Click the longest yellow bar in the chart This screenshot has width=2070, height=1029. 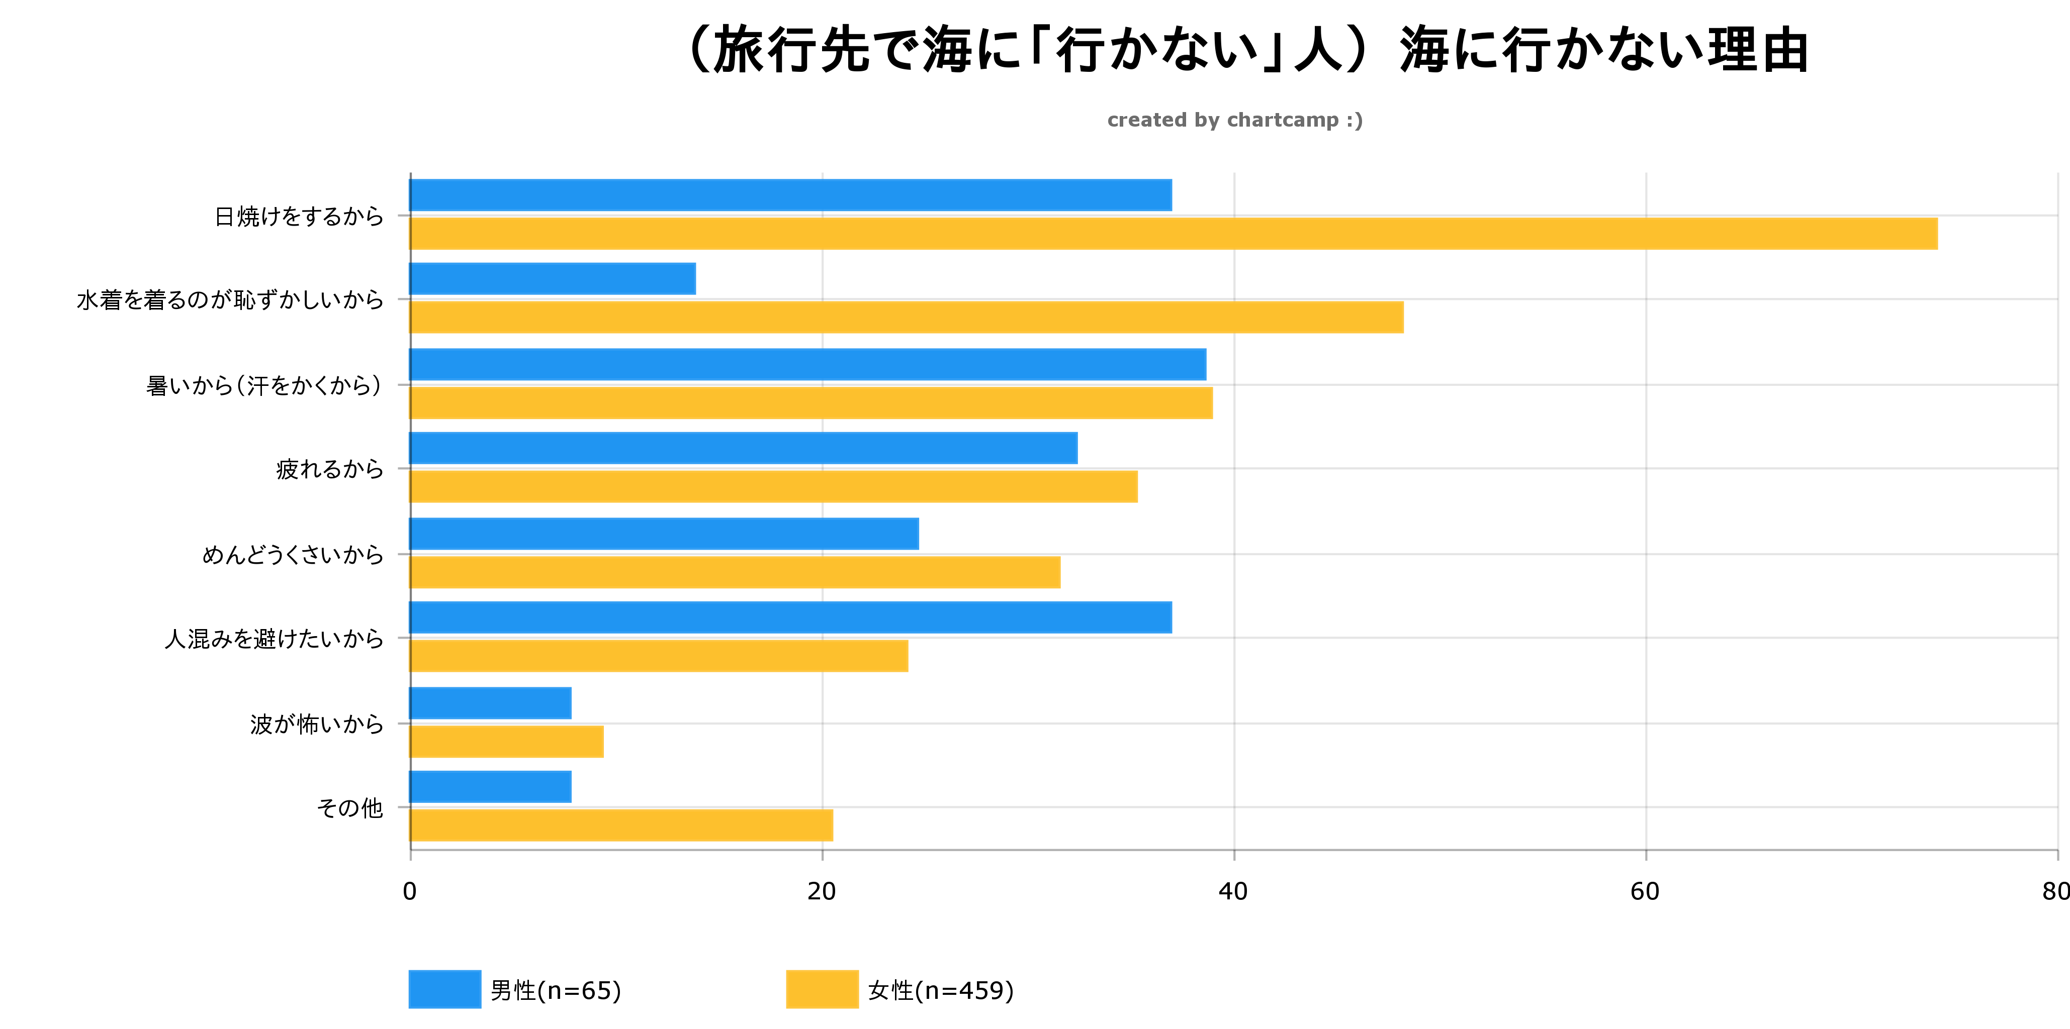pyautogui.click(x=1173, y=234)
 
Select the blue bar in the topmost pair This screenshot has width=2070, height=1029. pyautogui.click(x=791, y=195)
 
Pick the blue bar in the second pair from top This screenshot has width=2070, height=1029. pyautogui.click(x=553, y=279)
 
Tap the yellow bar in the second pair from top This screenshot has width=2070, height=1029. pyautogui.click(x=907, y=318)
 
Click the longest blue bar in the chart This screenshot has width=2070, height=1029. pyautogui.click(x=807, y=365)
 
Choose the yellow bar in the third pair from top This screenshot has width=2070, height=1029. pyautogui.click(x=811, y=403)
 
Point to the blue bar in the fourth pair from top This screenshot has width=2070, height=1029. pyautogui.click(x=743, y=448)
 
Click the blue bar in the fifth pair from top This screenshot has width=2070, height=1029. pyautogui.click(x=664, y=534)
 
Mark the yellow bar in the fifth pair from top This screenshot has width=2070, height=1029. pyautogui.click(x=735, y=573)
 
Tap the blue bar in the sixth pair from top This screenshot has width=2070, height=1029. pyautogui.click(x=791, y=618)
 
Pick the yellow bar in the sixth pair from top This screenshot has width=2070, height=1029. pyautogui.click(x=659, y=656)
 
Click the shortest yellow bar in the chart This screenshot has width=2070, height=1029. pyautogui.click(x=506, y=742)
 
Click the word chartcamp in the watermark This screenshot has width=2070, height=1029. pyautogui.click(x=1283, y=121)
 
